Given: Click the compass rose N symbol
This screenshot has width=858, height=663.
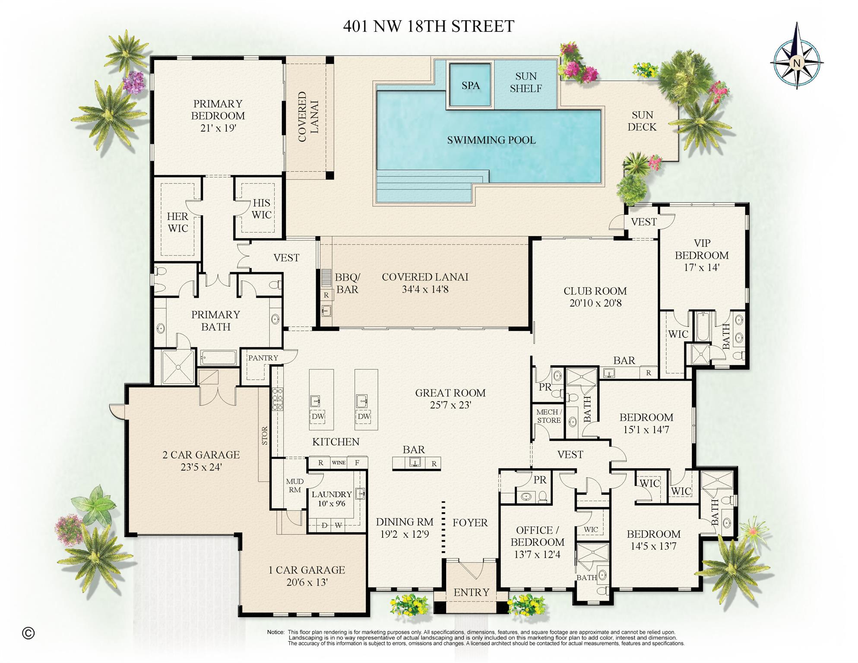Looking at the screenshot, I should [797, 63].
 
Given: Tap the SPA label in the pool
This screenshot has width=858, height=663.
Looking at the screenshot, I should [470, 86].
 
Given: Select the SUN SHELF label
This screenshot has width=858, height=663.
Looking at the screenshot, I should [526, 82].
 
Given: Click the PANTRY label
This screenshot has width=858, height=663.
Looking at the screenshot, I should [263, 358].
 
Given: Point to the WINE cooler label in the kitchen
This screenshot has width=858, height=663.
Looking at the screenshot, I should [339, 463].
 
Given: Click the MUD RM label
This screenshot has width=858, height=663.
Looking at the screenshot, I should [295, 485].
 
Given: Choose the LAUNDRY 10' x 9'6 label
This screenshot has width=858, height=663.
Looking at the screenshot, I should [332, 498].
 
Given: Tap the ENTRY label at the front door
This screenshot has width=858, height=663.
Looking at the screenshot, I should [471, 592].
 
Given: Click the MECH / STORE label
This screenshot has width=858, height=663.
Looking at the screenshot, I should [549, 416].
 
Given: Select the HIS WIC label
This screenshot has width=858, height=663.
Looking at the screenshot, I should [261, 209].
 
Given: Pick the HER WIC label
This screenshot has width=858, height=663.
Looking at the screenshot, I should [177, 222].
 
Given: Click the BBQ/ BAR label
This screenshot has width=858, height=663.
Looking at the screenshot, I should [347, 283].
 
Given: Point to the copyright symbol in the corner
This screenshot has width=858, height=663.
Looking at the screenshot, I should [28, 633].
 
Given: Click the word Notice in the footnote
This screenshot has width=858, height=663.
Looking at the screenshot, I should [275, 632].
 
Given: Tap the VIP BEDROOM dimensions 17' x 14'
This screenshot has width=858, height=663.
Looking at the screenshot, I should [701, 267].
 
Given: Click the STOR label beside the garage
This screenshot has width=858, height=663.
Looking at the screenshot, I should [265, 435].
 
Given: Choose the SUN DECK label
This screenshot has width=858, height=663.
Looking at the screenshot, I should [642, 121].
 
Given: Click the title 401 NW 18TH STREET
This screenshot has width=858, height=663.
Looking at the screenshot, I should [428, 26].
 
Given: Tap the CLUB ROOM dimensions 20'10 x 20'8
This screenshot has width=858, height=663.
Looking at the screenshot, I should [595, 303].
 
